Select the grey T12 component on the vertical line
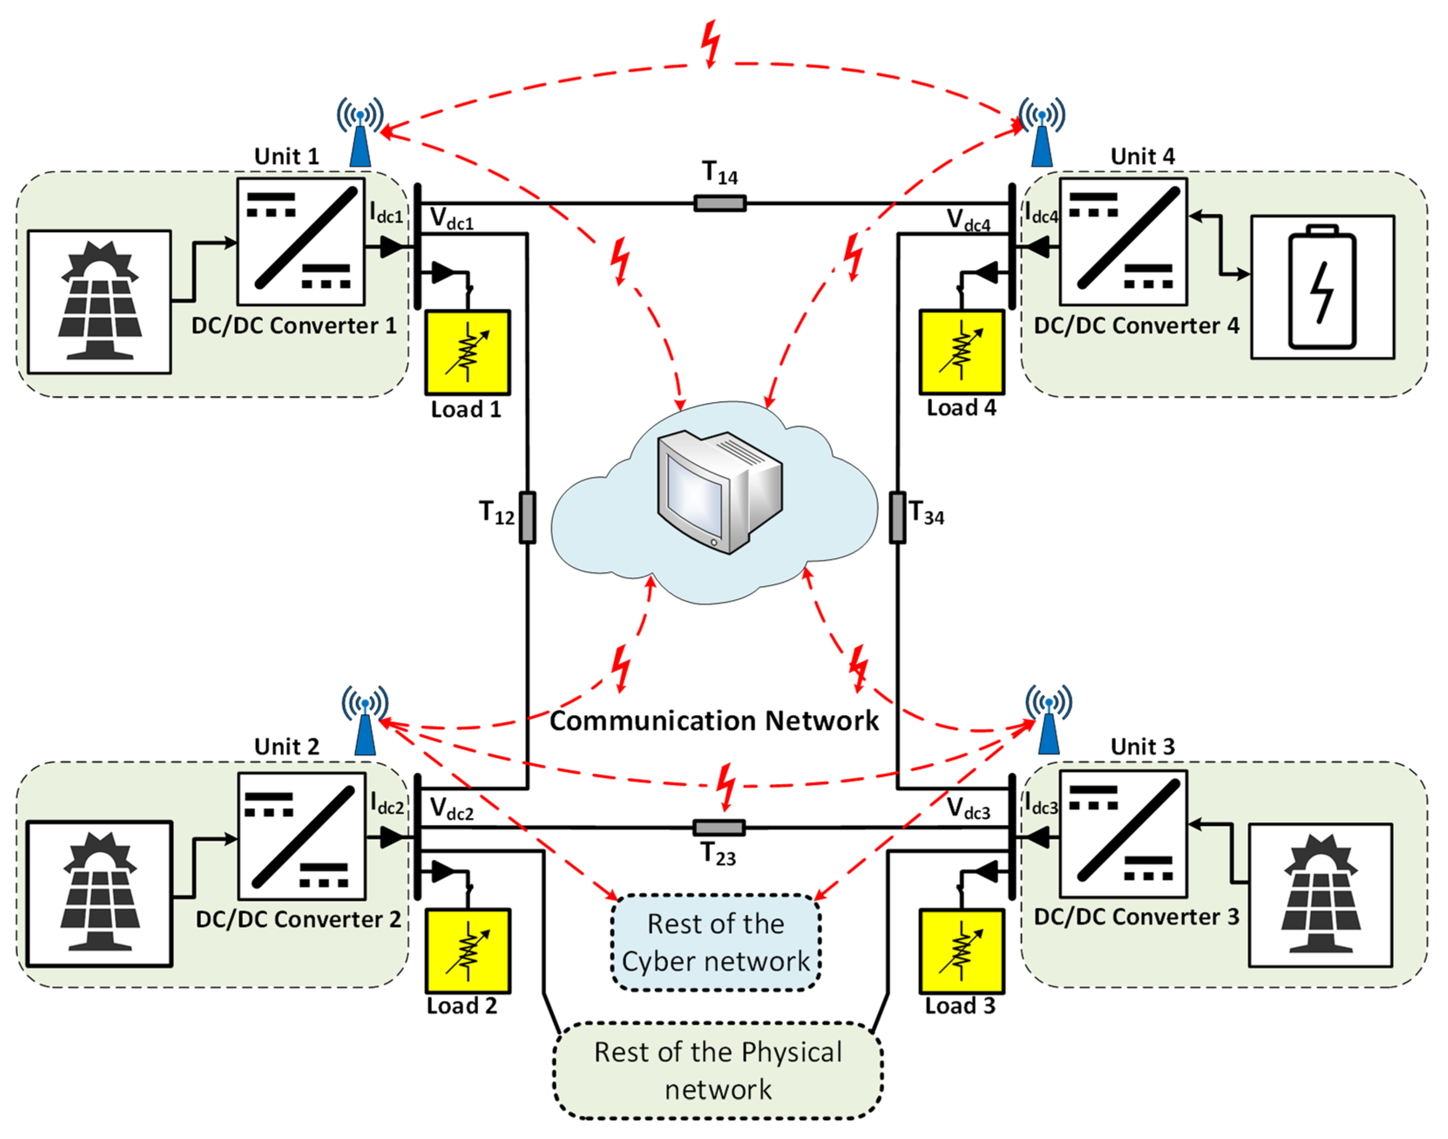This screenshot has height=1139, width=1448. (527, 517)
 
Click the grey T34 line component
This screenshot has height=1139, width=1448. (898, 517)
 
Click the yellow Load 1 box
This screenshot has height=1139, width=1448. (467, 352)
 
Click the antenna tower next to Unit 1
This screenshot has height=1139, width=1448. (360, 133)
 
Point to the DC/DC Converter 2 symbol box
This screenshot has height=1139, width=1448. (301, 836)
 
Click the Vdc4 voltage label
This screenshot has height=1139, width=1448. (968, 221)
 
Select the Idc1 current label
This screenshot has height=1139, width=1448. (387, 213)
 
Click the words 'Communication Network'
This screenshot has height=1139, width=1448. (714, 721)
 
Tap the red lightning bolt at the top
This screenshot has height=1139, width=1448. (711, 44)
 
